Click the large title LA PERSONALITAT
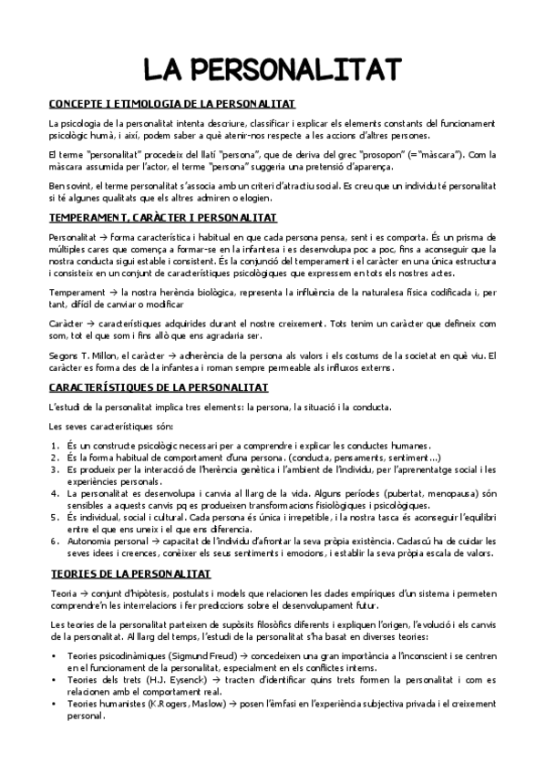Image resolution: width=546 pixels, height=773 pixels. pos(273,69)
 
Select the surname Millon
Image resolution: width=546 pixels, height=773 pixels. pos(105,356)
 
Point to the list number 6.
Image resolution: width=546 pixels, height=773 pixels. pos(55,541)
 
